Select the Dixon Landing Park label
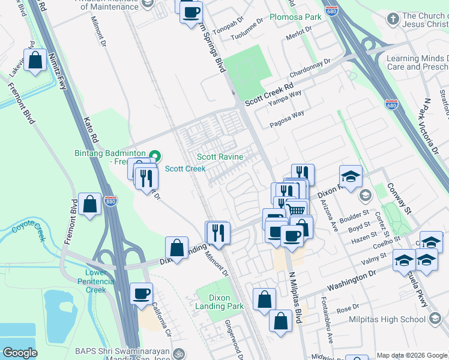pyautogui.click(x=219, y=301)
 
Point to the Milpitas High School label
pyautogui.click(x=390, y=319)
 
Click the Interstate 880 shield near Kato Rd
pyautogui.click(x=110, y=200)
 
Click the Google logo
pyautogui.click(x=20, y=353)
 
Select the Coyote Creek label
pyautogui.click(x=28, y=232)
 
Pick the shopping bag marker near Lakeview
pyautogui.click(x=35, y=60)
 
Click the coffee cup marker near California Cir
pyautogui.click(x=142, y=294)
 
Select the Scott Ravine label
pyautogui.click(x=220, y=157)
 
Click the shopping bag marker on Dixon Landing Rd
pyautogui.click(x=177, y=247)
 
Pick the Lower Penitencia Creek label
pyautogui.click(x=95, y=281)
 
